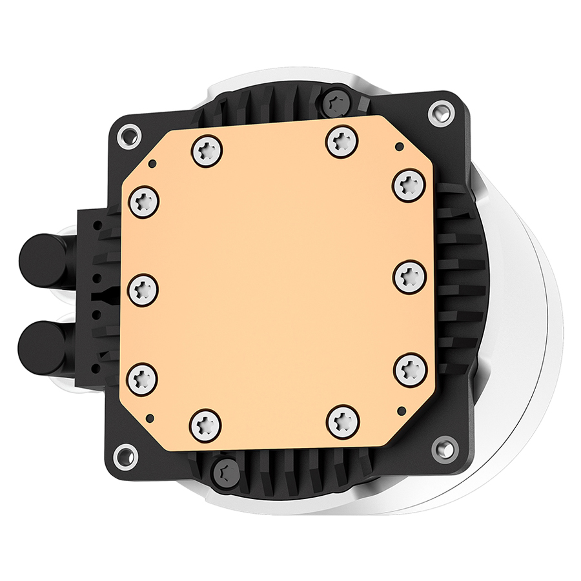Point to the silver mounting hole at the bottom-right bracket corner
click(445, 445)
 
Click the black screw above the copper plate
click(336, 101)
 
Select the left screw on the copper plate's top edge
click(207, 152)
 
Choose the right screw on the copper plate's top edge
click(341, 141)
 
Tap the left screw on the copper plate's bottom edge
click(205, 423)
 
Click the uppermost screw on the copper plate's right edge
click(408, 185)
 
